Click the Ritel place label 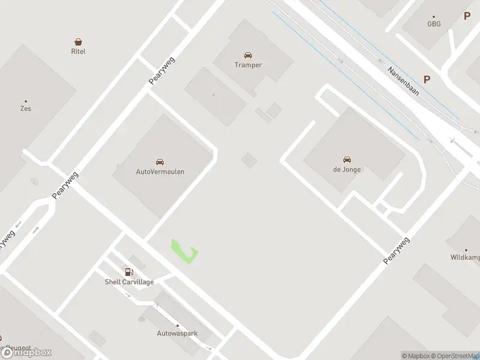click(78, 52)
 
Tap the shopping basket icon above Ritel click(78, 42)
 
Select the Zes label click(25, 109)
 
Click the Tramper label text click(248, 65)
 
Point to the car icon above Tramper click(248, 55)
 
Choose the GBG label click(434, 25)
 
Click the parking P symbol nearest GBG click(467, 16)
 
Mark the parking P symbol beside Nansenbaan click(427, 79)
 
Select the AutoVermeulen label click(160, 172)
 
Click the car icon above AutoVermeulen click(160, 162)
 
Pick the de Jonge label click(347, 169)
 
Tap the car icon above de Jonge click(347, 160)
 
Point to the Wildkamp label click(466, 257)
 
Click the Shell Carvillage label click(130, 282)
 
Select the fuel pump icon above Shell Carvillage click(129, 272)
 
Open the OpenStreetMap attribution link click(456, 356)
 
